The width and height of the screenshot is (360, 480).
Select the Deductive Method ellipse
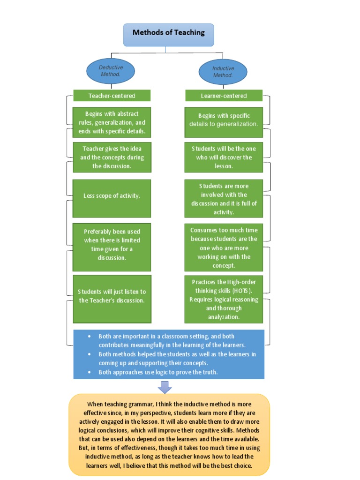pos(111,71)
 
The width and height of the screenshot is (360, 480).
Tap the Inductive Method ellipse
pos(223,72)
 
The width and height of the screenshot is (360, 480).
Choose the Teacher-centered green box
pos(112,96)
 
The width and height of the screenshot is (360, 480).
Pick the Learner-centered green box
pos(224,96)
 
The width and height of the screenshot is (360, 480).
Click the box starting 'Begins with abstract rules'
pos(112,122)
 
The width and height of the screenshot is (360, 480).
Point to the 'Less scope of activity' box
pos(112,195)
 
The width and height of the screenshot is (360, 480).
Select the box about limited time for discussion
pos(112,244)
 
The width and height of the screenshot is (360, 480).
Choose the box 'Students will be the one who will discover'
pos(224,157)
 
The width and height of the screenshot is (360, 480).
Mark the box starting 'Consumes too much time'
pos(224,247)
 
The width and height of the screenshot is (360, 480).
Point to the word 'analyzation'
pos(224,317)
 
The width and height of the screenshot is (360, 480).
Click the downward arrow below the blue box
pos(165,387)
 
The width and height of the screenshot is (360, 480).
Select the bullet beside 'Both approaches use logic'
pos(90,372)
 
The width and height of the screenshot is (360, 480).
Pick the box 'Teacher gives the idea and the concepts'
pos(112,157)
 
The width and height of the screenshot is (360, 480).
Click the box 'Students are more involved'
pos(224,199)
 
